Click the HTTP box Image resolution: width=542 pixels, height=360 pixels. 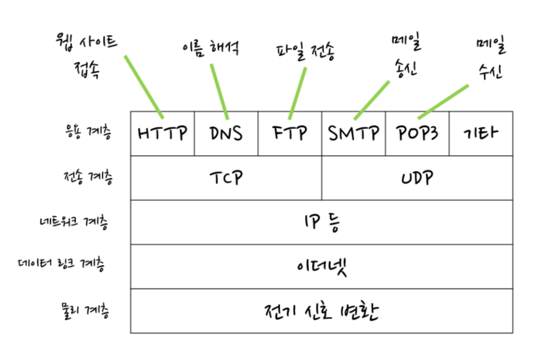pos(163,133)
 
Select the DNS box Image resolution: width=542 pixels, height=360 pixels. pos(226,133)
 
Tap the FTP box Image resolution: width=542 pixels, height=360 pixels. pos(290,133)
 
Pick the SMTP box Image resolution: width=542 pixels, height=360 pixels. pos(353,133)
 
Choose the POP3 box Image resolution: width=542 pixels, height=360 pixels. pos(417,133)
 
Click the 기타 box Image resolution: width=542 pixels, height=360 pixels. pos(481,133)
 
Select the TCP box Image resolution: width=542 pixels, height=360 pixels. pos(226,178)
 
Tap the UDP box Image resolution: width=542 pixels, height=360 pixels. pos(417,178)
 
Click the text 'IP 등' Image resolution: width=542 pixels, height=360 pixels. pos(322,223)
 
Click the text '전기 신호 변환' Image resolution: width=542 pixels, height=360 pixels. pos(322,312)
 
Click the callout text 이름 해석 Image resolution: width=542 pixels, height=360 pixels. pos(210,48)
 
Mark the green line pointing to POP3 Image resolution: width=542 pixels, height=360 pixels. pos(443,102)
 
